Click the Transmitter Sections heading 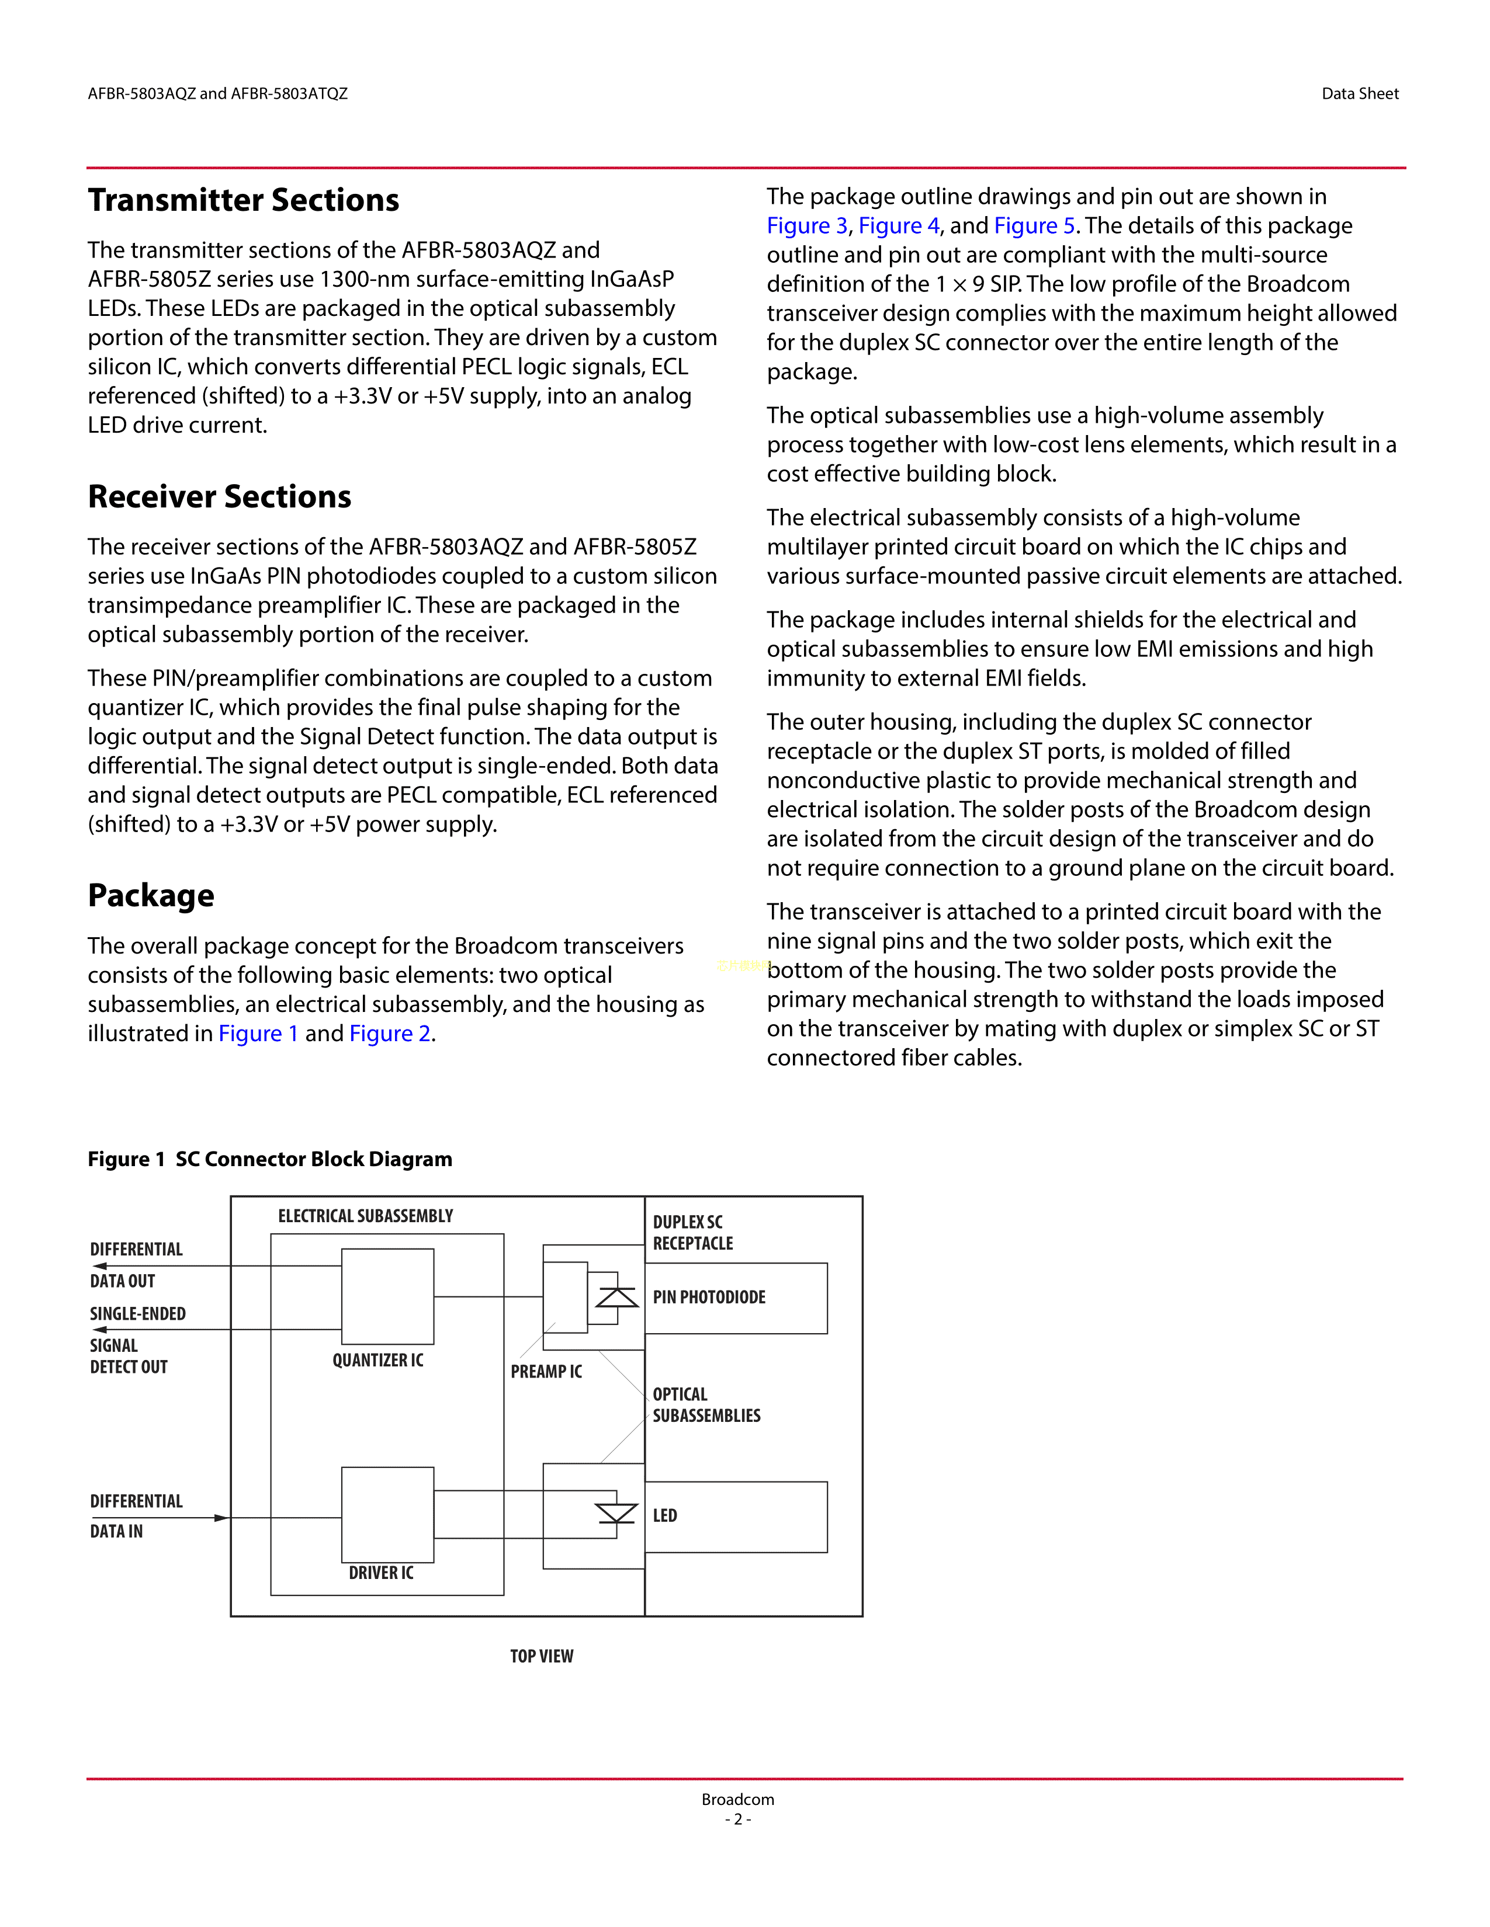click(x=244, y=200)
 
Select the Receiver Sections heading click(x=219, y=497)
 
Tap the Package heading click(x=151, y=896)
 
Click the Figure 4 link click(x=899, y=226)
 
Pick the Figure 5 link click(x=1034, y=226)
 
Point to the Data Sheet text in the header click(x=1359, y=93)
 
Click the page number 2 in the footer click(x=738, y=1820)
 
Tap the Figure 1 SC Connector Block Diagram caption click(x=270, y=1159)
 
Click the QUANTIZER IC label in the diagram click(x=378, y=1361)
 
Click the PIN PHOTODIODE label click(x=709, y=1297)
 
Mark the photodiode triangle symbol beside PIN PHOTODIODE click(x=616, y=1297)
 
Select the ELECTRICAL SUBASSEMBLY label click(x=365, y=1216)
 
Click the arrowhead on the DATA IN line click(x=221, y=1518)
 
